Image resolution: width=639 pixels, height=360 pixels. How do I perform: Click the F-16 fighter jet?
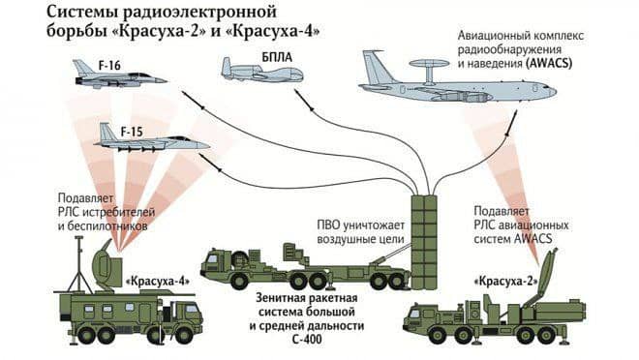(116, 75)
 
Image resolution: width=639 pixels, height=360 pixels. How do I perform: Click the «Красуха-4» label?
(156, 282)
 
